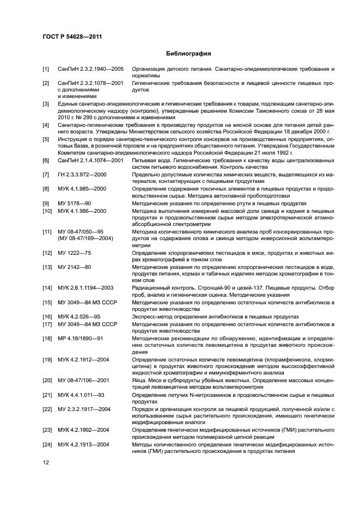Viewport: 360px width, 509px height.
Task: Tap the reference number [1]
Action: pos(46,70)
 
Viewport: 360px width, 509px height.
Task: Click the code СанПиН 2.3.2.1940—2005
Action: pos(90,70)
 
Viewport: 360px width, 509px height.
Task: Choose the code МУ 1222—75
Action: pos(75,253)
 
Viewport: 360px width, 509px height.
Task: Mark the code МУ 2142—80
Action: pos(75,267)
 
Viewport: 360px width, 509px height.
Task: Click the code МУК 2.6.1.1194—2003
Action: pos(86,287)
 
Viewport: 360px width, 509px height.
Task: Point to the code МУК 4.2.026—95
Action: pos(79,316)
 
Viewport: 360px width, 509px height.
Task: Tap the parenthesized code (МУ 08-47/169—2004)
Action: pos(86,238)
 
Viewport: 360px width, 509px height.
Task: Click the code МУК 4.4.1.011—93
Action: pos(81,394)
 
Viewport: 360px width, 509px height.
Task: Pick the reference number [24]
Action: pos(47,444)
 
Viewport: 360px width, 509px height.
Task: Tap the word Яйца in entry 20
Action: pos(139,380)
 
